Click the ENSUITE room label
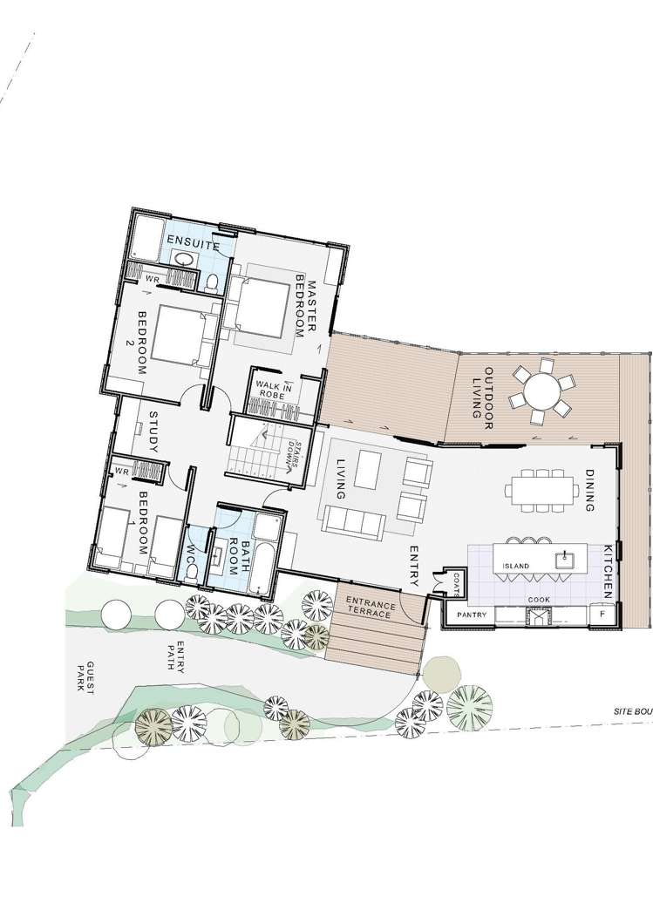(194, 245)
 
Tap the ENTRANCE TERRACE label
(371, 608)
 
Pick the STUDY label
(152, 432)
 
